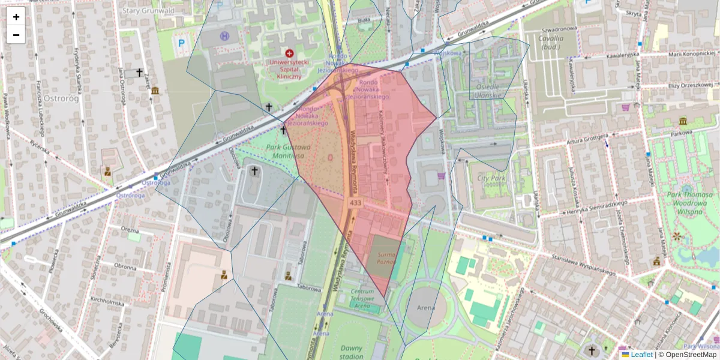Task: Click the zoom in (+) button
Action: (x=16, y=17)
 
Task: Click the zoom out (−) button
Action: (x=16, y=35)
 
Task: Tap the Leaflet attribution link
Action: (x=641, y=355)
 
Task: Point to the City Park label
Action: (x=491, y=178)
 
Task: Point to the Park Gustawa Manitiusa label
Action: (x=289, y=151)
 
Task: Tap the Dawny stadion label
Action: (x=351, y=352)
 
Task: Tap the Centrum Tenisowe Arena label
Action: (x=362, y=298)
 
